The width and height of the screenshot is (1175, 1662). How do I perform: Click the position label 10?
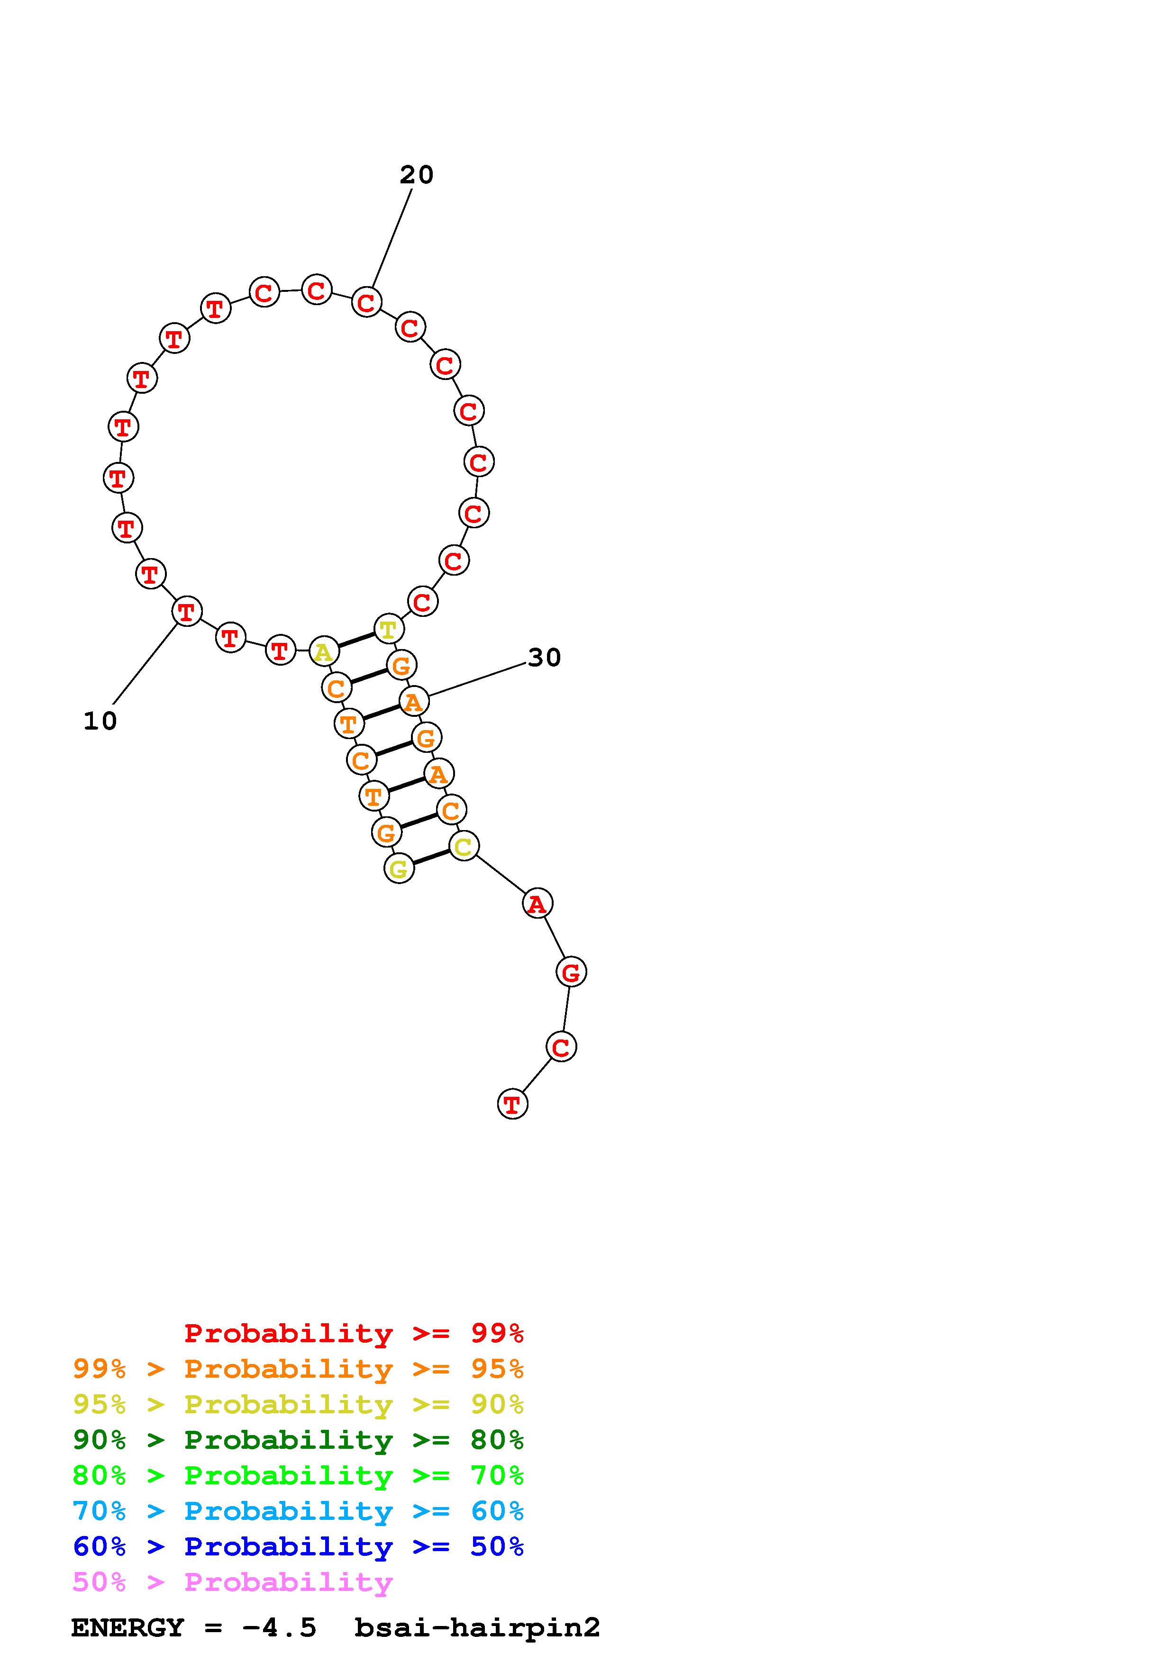[100, 721]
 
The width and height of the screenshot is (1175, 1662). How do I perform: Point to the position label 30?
[545, 657]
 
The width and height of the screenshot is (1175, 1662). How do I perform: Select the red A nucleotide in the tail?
[537, 903]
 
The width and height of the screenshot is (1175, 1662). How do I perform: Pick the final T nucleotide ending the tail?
[512, 1104]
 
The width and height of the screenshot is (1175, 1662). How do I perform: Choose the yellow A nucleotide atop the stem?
[324, 651]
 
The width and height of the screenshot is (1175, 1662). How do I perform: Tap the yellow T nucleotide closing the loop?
[389, 629]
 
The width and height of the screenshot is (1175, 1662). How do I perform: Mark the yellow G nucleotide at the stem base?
[399, 868]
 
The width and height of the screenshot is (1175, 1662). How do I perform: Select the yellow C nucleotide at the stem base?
[464, 846]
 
